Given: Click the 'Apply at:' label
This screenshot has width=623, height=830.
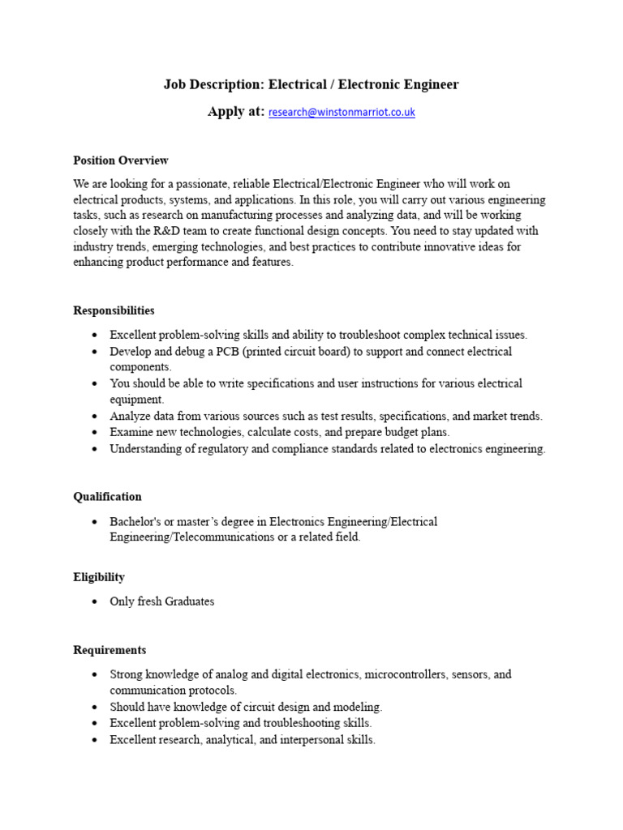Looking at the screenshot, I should coord(235,112).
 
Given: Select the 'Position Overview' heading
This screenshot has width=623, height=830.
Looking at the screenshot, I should coord(121,160).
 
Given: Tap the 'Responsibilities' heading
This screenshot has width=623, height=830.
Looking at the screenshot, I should coord(114,310).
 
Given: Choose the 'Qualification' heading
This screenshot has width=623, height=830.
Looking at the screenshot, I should coord(107,497).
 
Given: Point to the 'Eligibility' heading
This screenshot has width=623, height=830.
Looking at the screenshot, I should coord(99,577).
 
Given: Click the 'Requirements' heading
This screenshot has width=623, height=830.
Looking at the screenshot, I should coord(110,650).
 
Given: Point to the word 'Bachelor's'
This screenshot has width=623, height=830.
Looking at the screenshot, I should coord(135,521).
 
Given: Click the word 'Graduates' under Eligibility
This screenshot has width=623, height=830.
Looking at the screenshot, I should coord(189,601).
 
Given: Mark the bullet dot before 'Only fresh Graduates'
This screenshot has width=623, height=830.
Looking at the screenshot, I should coord(95,601).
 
